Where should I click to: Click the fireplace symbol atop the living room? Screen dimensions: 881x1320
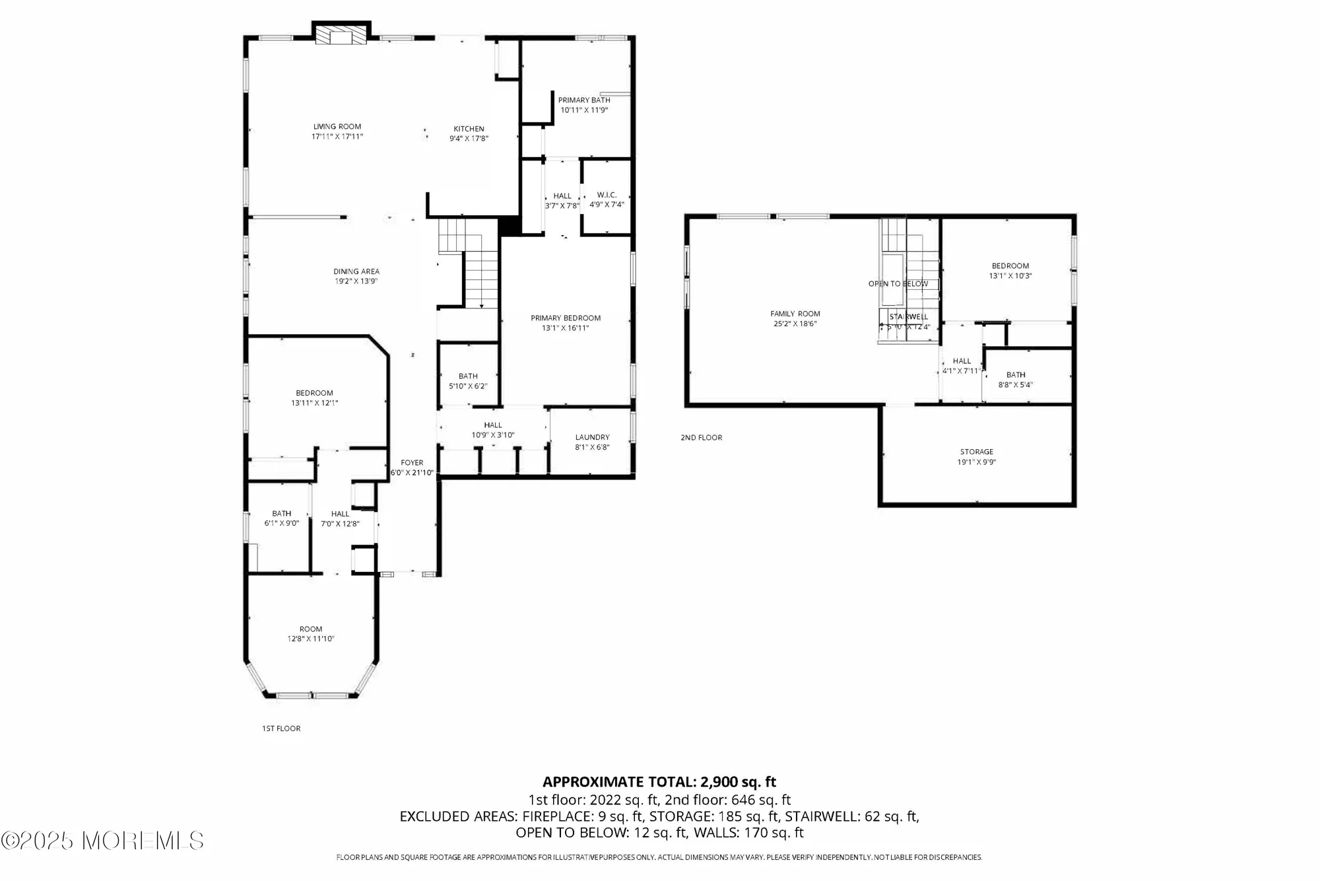pyautogui.click(x=341, y=34)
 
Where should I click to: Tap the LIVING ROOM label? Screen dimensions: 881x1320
pyautogui.click(x=337, y=126)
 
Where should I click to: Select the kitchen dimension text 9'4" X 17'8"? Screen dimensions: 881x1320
pyautogui.click(x=469, y=139)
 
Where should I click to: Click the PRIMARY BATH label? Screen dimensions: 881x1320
pyautogui.click(x=584, y=100)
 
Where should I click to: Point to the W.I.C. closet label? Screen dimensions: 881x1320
pyautogui.click(x=607, y=195)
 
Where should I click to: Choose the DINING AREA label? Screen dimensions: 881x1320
pyautogui.click(x=356, y=271)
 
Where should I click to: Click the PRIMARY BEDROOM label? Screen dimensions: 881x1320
pyautogui.click(x=566, y=318)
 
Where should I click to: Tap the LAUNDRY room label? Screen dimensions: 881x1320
pyautogui.click(x=592, y=437)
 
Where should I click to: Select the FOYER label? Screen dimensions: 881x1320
pyautogui.click(x=412, y=463)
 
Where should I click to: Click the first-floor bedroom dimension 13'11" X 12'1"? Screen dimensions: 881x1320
pyautogui.click(x=315, y=403)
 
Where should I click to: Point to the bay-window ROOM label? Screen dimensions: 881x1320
pyautogui.click(x=311, y=629)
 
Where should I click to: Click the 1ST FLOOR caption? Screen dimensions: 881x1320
pyautogui.click(x=281, y=728)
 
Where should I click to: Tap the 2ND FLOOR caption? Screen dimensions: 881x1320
pyautogui.click(x=702, y=438)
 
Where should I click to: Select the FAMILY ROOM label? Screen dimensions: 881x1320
pyautogui.click(x=795, y=314)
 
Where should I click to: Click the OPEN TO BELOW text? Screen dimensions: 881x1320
pyautogui.click(x=898, y=284)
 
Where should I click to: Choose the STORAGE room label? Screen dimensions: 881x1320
pyautogui.click(x=976, y=452)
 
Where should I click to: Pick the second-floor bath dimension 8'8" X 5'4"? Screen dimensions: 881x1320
pyautogui.click(x=1016, y=385)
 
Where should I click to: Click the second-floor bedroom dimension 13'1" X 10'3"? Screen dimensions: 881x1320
pyautogui.click(x=1010, y=276)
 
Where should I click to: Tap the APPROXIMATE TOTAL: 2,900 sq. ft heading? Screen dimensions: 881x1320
pyautogui.click(x=659, y=782)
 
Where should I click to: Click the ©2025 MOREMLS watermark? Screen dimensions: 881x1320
pyautogui.click(x=102, y=841)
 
